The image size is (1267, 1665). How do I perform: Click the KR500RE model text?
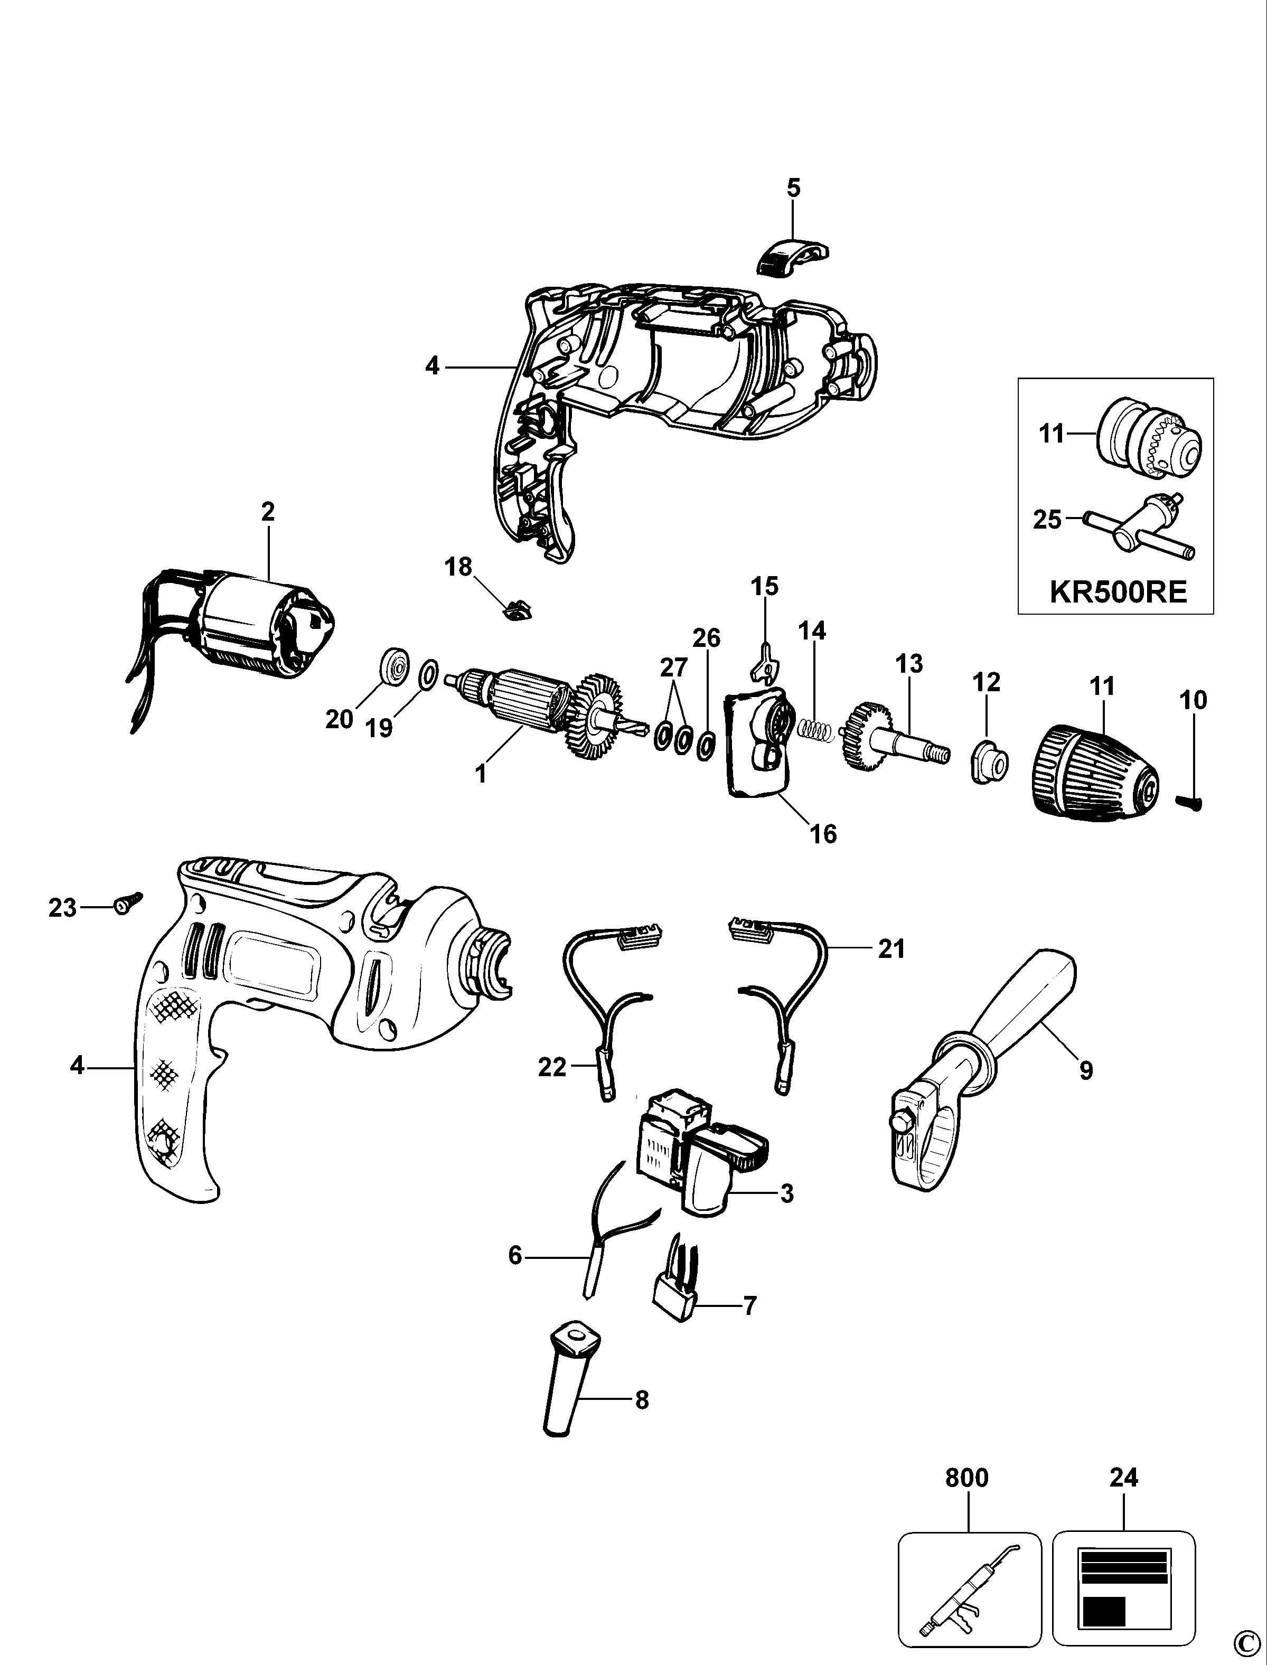pyautogui.click(x=1119, y=592)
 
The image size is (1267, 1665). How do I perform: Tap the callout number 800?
pyautogui.click(x=967, y=1476)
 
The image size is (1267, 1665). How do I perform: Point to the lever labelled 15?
pyautogui.click(x=765, y=657)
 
